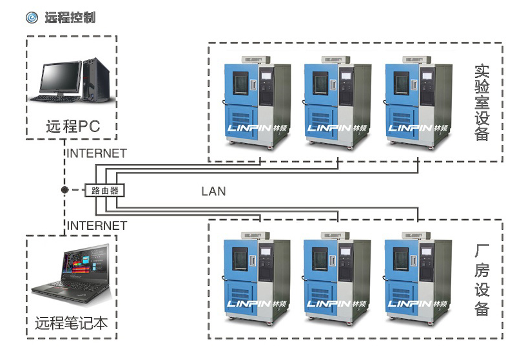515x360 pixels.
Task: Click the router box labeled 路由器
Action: [104, 191]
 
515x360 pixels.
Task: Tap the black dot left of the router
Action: [64, 191]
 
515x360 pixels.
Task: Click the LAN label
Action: [213, 191]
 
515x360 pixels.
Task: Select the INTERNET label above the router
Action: [97, 153]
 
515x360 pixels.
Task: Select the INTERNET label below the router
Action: [97, 225]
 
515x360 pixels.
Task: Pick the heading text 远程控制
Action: [70, 17]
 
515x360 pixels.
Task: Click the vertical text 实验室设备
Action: [481, 102]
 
